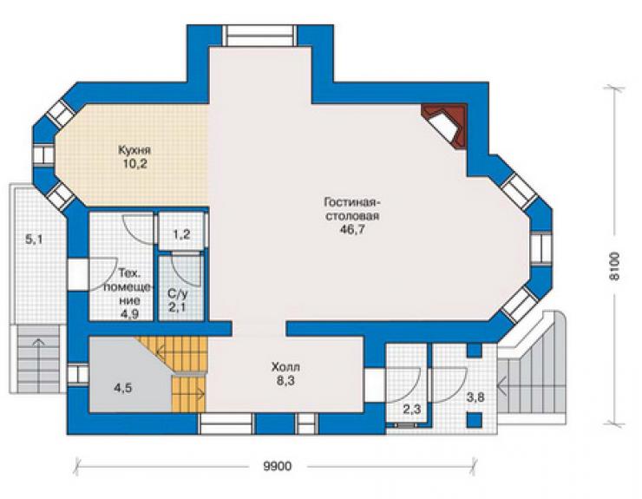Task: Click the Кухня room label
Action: (x=134, y=149)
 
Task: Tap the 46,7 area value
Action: (x=352, y=229)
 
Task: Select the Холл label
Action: (x=285, y=366)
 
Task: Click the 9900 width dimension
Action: (x=278, y=466)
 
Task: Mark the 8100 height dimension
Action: (x=614, y=266)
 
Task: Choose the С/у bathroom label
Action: (x=177, y=293)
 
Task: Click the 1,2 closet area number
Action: (x=181, y=235)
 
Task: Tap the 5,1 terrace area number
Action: (x=34, y=240)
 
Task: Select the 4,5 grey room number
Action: (x=123, y=388)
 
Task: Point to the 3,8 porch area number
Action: (x=475, y=397)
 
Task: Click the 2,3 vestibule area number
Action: (x=412, y=410)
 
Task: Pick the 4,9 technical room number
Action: (x=128, y=314)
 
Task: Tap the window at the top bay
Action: (x=259, y=36)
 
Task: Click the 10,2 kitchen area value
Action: (x=134, y=164)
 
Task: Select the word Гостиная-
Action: (x=353, y=202)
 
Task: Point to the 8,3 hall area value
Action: (x=285, y=381)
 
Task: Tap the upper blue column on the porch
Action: (x=475, y=351)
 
